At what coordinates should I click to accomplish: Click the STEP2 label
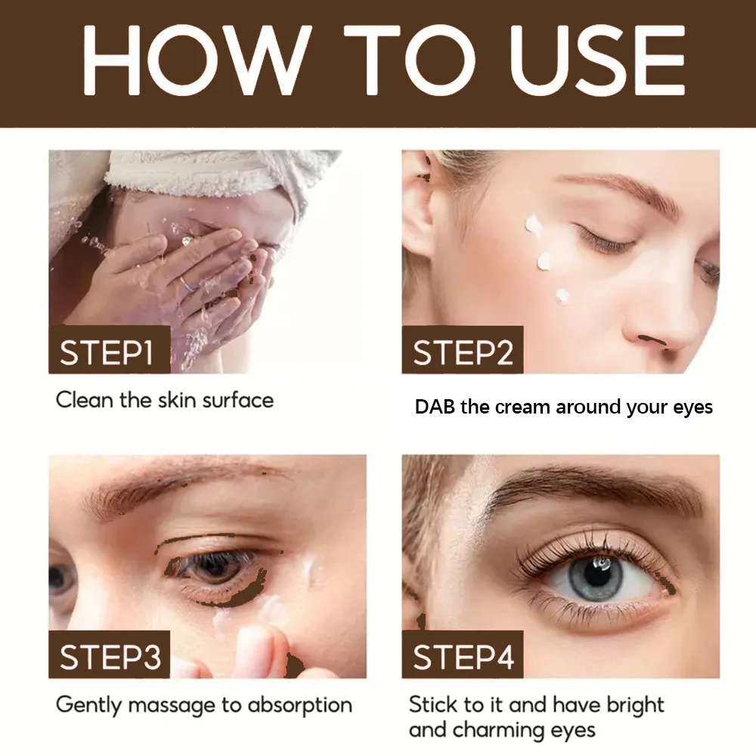(x=463, y=352)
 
